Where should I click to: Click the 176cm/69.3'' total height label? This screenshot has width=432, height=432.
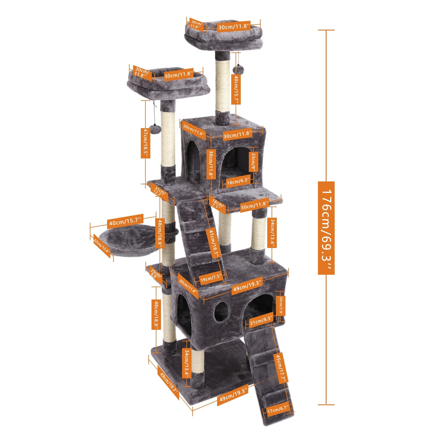[326, 228]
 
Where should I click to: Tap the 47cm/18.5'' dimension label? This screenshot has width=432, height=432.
[145, 143]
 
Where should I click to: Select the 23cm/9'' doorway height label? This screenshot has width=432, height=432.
[254, 161]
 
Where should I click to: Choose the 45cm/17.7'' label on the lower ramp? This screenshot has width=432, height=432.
[281, 368]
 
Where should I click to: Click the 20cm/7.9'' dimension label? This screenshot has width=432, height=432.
[281, 306]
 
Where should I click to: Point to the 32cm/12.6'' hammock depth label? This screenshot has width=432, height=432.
[102, 246]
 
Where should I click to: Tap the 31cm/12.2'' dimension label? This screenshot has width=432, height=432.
[159, 191]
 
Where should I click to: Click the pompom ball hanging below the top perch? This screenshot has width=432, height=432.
[238, 70]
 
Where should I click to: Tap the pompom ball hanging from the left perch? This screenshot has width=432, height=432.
[155, 129]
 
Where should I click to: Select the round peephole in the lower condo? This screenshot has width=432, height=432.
[221, 311]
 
